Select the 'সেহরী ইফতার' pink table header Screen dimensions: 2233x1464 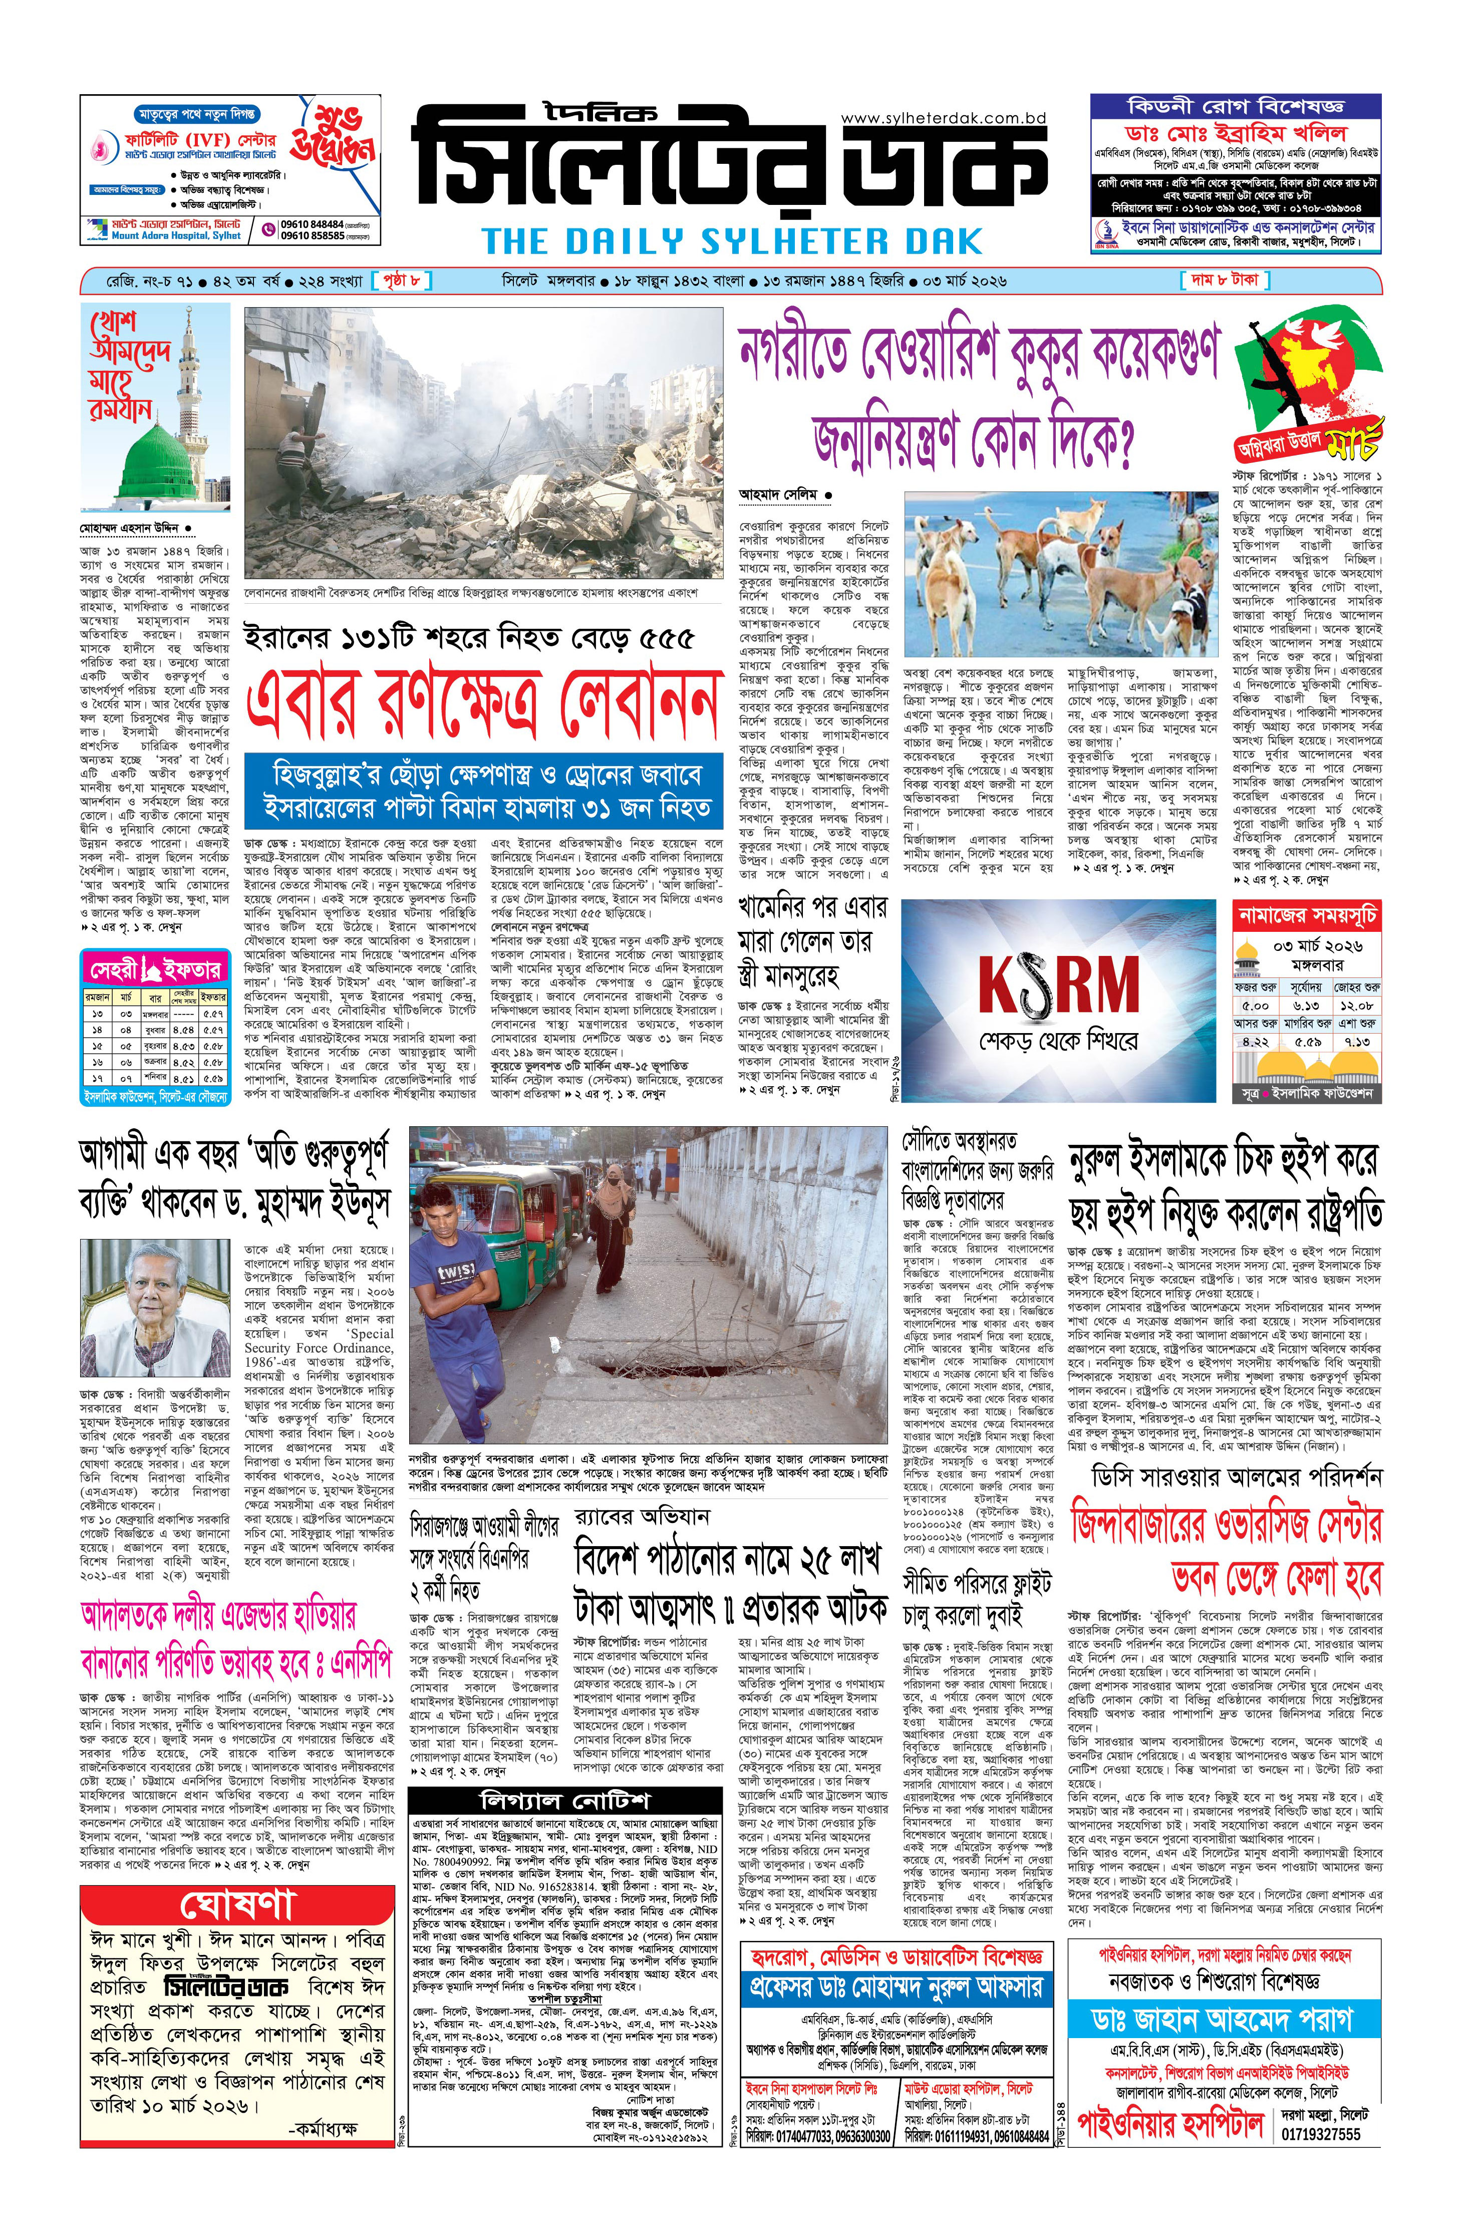pos(155,969)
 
